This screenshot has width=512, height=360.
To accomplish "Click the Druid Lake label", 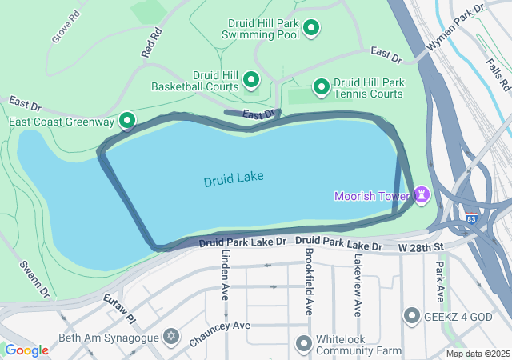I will click(234, 180).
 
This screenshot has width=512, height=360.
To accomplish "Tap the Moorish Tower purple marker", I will click(421, 195).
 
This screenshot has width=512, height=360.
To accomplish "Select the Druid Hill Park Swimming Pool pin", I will click(311, 30).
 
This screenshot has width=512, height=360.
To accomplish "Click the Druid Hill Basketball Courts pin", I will click(251, 79).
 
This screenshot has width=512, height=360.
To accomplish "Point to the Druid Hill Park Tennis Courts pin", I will click(321, 86).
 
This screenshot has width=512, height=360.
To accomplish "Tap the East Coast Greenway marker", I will click(127, 122).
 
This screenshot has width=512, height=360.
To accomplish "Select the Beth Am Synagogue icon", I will click(170, 334).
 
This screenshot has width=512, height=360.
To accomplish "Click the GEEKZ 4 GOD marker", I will click(412, 316).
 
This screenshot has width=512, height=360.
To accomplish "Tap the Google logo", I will click(26, 350).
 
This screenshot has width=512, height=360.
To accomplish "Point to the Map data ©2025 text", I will click(477, 354).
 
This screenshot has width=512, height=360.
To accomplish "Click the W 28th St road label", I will click(421, 249).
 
